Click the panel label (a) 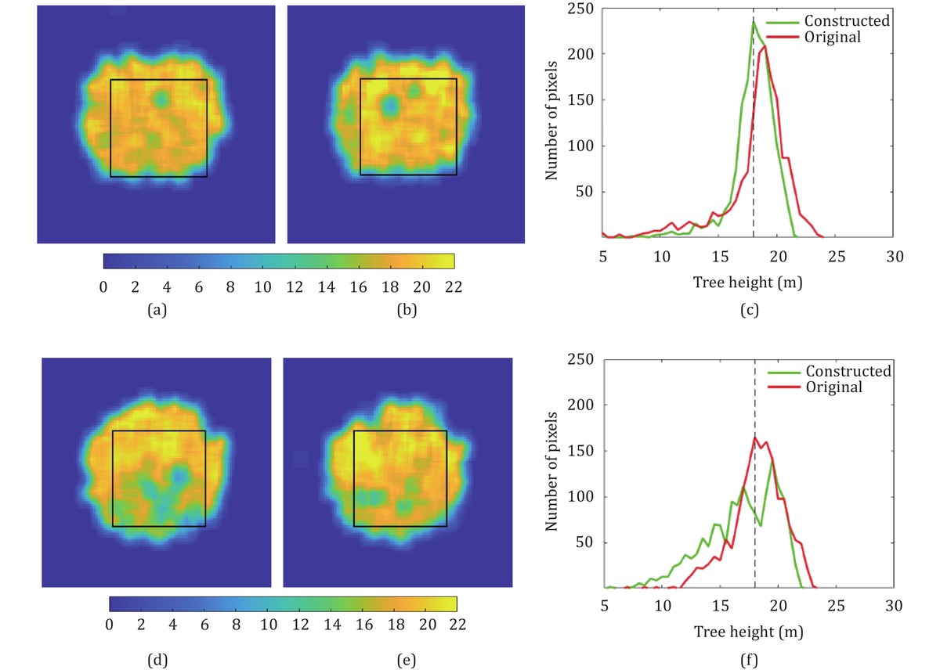pyautogui.click(x=157, y=311)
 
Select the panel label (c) pyautogui.click(x=749, y=311)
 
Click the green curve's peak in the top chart pyautogui.click(x=754, y=22)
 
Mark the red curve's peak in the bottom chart pyautogui.click(x=755, y=438)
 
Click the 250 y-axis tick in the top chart pyautogui.click(x=582, y=9)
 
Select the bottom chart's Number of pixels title pyautogui.click(x=552, y=473)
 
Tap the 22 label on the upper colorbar pyautogui.click(x=454, y=286)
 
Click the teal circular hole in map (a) pyautogui.click(x=161, y=99)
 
